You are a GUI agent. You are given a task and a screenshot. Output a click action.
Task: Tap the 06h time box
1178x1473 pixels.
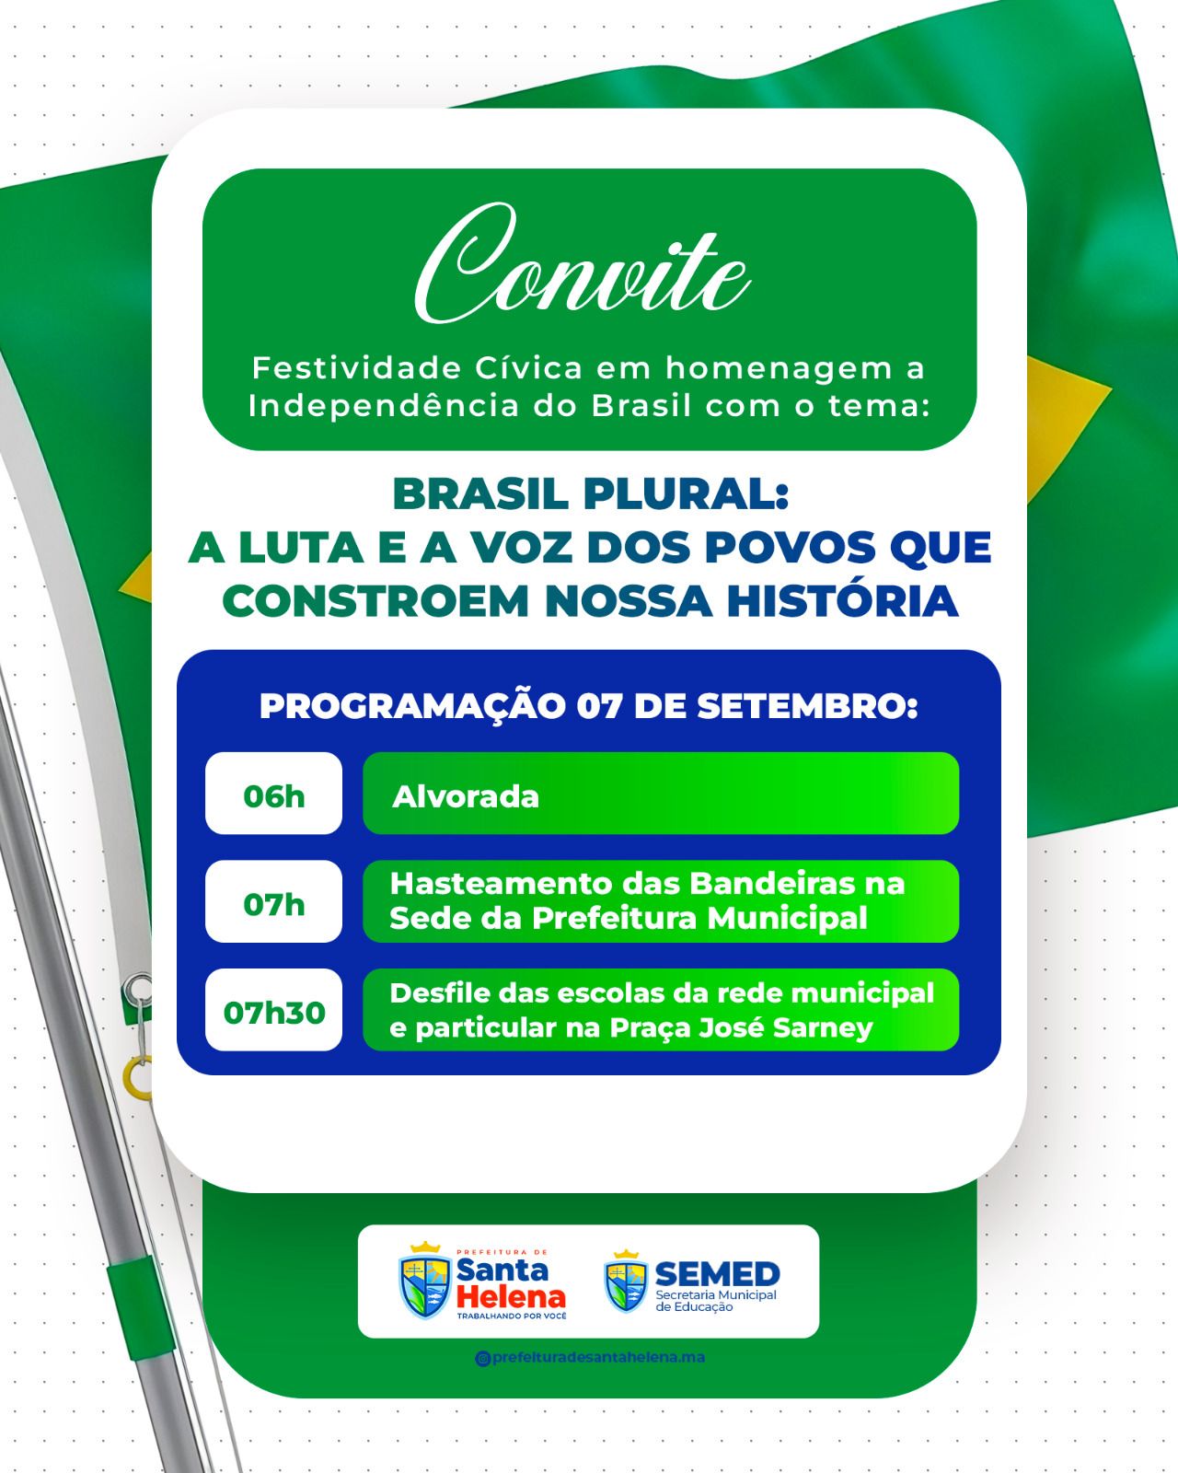pos(273,794)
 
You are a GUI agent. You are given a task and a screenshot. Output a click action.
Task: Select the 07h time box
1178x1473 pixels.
pos(273,903)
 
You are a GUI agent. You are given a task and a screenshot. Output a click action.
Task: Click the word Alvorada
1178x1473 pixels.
pos(466,796)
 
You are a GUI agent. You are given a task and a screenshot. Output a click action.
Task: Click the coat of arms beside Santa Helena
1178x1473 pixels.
pos(424,1281)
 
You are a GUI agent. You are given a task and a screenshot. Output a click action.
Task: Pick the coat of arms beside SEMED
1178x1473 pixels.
pos(626,1281)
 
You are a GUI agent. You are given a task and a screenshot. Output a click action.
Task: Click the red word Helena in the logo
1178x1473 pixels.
pos(512,1296)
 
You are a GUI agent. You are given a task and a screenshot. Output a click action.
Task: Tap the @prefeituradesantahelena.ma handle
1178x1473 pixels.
pos(590,1357)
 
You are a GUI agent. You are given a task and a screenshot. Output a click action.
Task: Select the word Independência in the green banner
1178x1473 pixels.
pos(383,406)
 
